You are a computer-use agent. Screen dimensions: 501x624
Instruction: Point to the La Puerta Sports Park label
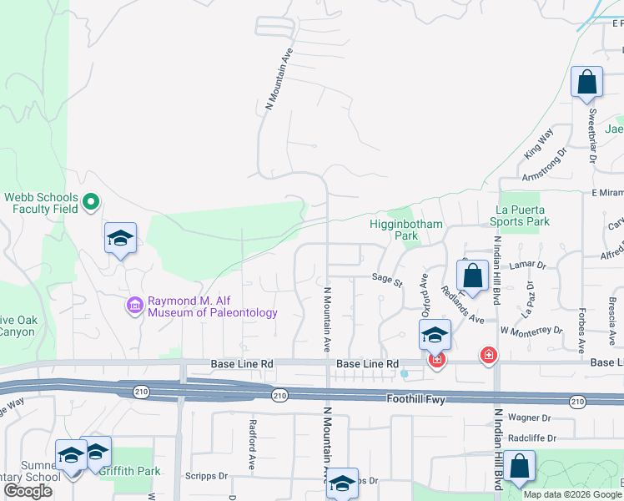(523, 215)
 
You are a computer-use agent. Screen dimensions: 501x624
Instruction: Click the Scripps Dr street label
(212, 476)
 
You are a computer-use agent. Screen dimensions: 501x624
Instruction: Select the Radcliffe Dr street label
(534, 438)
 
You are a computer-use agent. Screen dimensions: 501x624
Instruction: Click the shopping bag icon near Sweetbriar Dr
(586, 83)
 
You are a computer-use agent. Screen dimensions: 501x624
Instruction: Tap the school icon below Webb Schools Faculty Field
(120, 239)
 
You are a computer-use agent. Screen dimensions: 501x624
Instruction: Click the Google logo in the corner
(28, 492)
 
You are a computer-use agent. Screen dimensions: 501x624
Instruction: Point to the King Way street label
(539, 144)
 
